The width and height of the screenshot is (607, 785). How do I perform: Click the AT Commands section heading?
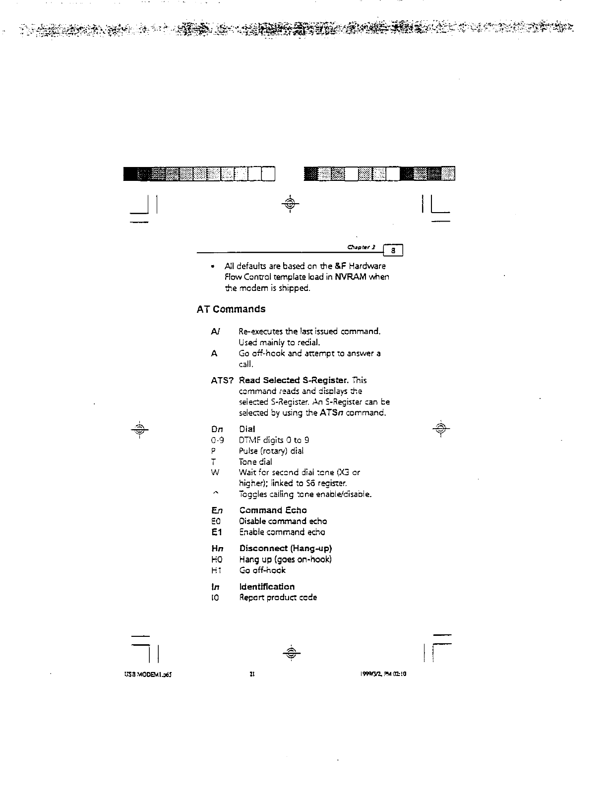click(231, 309)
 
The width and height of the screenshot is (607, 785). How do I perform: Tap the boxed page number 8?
click(393, 251)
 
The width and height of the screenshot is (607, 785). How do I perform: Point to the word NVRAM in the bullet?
click(350, 277)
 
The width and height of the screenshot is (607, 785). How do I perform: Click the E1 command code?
click(216, 532)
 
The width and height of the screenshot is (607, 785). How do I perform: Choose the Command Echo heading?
click(273, 510)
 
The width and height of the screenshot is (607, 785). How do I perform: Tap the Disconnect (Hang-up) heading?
click(286, 549)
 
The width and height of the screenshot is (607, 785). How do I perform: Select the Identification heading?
click(267, 587)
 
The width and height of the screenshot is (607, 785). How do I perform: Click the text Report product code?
click(278, 598)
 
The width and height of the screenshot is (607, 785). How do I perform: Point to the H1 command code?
click(216, 570)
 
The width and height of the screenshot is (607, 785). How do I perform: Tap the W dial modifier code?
click(215, 473)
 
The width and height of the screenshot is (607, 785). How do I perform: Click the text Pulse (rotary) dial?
click(271, 451)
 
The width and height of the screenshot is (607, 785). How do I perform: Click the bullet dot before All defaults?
click(212, 267)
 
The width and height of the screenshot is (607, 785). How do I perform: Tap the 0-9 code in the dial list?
click(217, 440)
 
